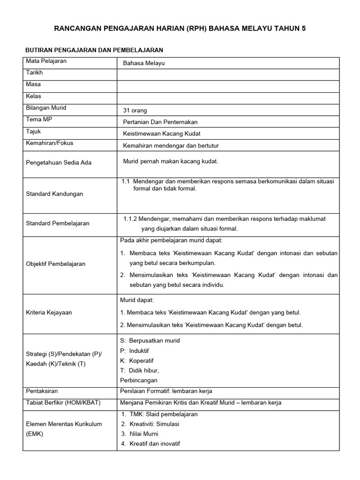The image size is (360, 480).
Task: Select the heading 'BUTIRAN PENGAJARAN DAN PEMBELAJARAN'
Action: click(x=94, y=50)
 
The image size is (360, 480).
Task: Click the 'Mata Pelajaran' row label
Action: click(x=46, y=61)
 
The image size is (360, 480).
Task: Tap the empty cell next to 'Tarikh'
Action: click(x=228, y=75)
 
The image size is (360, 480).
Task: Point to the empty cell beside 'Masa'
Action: click(x=228, y=86)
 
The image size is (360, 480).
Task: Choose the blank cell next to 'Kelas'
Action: click(x=228, y=98)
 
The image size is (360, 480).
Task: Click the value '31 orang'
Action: click(x=135, y=111)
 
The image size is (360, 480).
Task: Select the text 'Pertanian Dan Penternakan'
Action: click(x=160, y=122)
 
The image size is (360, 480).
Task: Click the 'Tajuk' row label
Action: click(x=34, y=132)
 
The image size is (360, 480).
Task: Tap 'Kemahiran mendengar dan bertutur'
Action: click(x=171, y=146)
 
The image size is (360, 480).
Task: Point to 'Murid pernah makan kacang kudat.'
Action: click(x=171, y=161)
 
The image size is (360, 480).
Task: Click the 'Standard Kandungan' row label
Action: click(x=54, y=194)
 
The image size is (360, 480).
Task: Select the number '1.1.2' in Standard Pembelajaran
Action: click(x=131, y=218)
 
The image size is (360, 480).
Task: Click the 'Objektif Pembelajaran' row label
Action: click(x=56, y=264)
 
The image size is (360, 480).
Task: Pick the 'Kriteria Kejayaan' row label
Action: click(x=49, y=313)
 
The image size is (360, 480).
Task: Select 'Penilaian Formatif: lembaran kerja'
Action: click(x=166, y=391)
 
